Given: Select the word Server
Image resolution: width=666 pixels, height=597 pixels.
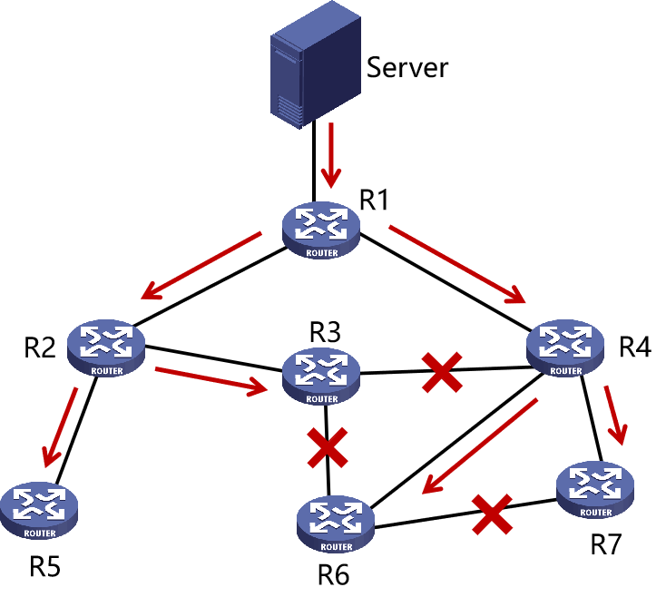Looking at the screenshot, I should pyautogui.click(x=406, y=66).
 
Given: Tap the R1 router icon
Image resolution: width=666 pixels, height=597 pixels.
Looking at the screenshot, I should pyautogui.click(x=321, y=230).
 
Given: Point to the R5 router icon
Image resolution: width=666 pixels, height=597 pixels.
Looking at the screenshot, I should pyautogui.click(x=40, y=510).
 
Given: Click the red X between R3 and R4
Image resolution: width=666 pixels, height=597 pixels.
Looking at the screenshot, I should pyautogui.click(x=442, y=374).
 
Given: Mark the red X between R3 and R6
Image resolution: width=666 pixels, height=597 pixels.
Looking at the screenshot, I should pyautogui.click(x=327, y=446).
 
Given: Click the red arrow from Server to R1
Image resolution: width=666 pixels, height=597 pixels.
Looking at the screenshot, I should pyautogui.click(x=333, y=152).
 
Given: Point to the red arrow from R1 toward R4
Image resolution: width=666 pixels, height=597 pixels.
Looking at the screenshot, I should pyautogui.click(x=459, y=264).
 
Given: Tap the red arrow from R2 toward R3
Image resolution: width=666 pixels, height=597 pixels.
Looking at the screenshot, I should pyautogui.click(x=212, y=380).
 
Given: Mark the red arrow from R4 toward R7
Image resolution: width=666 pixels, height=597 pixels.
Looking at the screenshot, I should pyautogui.click(x=617, y=414).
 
